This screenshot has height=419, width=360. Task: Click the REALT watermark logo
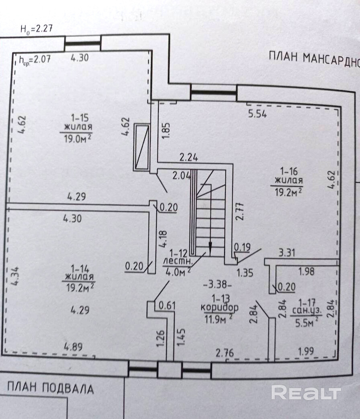coord(306,392)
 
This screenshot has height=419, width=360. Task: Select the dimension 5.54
coord(257,114)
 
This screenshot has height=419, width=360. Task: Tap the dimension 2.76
coord(225,353)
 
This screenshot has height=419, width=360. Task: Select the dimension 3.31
coord(287,253)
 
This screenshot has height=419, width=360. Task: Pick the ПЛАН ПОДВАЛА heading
coord(50,388)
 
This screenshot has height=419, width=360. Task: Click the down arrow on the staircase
coord(209,247)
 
